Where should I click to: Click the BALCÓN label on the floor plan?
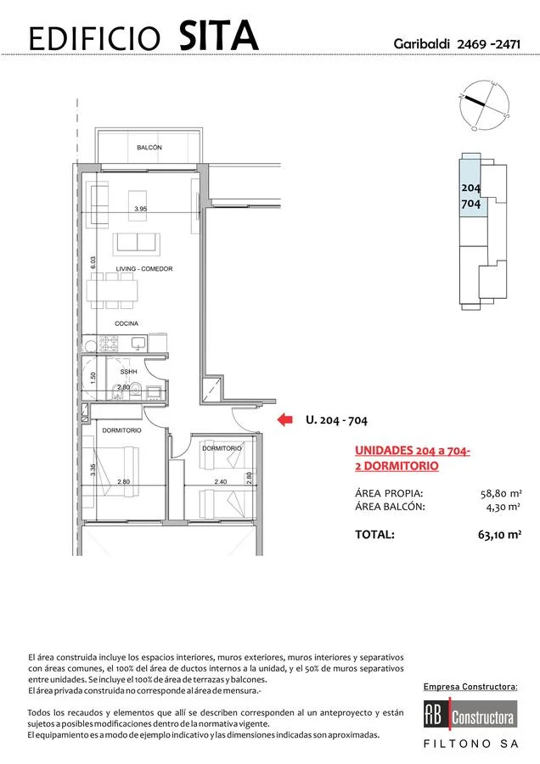[149, 147]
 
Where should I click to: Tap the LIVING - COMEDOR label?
[144, 268]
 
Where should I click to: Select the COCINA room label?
[127, 323]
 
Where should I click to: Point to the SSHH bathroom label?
[129, 371]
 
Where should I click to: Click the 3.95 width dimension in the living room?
[140, 209]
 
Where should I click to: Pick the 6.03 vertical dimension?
[93, 262]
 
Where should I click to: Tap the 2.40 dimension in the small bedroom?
[221, 481]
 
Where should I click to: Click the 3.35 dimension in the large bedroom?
[93, 469]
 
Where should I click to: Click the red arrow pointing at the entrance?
[284, 419]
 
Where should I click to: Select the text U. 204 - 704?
[337, 419]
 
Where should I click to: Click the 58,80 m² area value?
[501, 493]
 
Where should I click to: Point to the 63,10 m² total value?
[500, 535]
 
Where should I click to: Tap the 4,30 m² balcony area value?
[503, 507]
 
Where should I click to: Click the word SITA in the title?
[218, 36]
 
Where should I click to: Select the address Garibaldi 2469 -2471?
[457, 44]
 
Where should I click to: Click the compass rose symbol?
[484, 105]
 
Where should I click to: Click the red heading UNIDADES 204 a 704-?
[413, 451]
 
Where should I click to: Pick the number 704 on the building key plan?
[470, 204]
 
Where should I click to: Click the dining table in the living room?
[113, 290]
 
